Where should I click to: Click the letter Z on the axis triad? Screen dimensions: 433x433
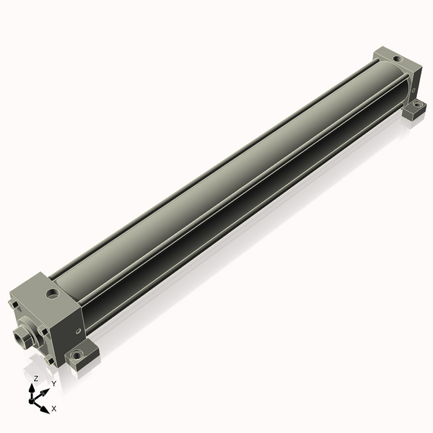36,378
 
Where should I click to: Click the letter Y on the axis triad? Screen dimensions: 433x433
54,383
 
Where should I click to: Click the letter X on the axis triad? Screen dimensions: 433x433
54,408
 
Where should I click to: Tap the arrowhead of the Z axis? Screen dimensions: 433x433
32,388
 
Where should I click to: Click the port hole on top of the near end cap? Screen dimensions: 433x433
53,294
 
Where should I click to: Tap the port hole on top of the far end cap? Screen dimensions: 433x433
398,59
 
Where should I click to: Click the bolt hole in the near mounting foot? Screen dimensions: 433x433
76,354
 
